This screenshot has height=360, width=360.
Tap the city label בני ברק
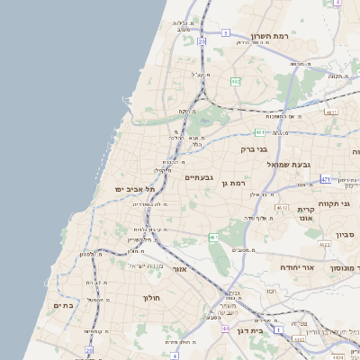(255, 149)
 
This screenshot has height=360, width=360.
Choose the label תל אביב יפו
(135, 189)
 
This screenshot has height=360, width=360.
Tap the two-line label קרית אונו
(305, 213)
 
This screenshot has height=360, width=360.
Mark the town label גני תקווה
(334, 203)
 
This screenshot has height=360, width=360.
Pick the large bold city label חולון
(149, 297)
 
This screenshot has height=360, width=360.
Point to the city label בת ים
(62, 306)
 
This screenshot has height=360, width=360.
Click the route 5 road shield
(222, 32)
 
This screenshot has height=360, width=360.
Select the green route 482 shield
(235, 82)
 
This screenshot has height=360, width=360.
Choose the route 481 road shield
(259, 131)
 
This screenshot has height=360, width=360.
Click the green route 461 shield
(214, 238)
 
